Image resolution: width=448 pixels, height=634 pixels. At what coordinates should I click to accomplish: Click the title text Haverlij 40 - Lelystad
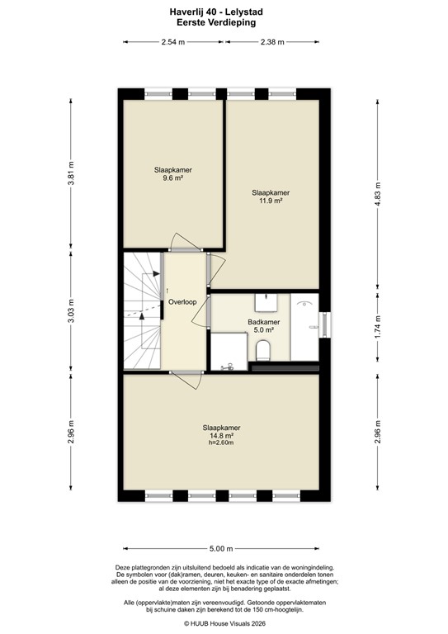pos(224,13)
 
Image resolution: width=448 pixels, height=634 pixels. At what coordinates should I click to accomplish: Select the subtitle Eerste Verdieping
pos(224,23)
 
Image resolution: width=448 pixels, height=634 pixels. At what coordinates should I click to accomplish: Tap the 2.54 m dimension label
pos(174,42)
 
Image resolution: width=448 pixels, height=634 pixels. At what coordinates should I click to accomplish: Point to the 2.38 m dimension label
pos(271,42)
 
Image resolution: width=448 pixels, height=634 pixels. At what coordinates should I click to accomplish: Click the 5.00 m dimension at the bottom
pos(222,548)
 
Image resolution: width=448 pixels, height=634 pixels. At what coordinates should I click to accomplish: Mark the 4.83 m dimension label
pos(377,197)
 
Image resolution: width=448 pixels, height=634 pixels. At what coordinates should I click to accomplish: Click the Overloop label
pos(182,302)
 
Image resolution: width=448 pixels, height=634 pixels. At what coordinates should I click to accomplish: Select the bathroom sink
pos(266,300)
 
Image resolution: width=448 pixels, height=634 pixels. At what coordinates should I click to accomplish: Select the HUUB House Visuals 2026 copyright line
pos(224,624)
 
